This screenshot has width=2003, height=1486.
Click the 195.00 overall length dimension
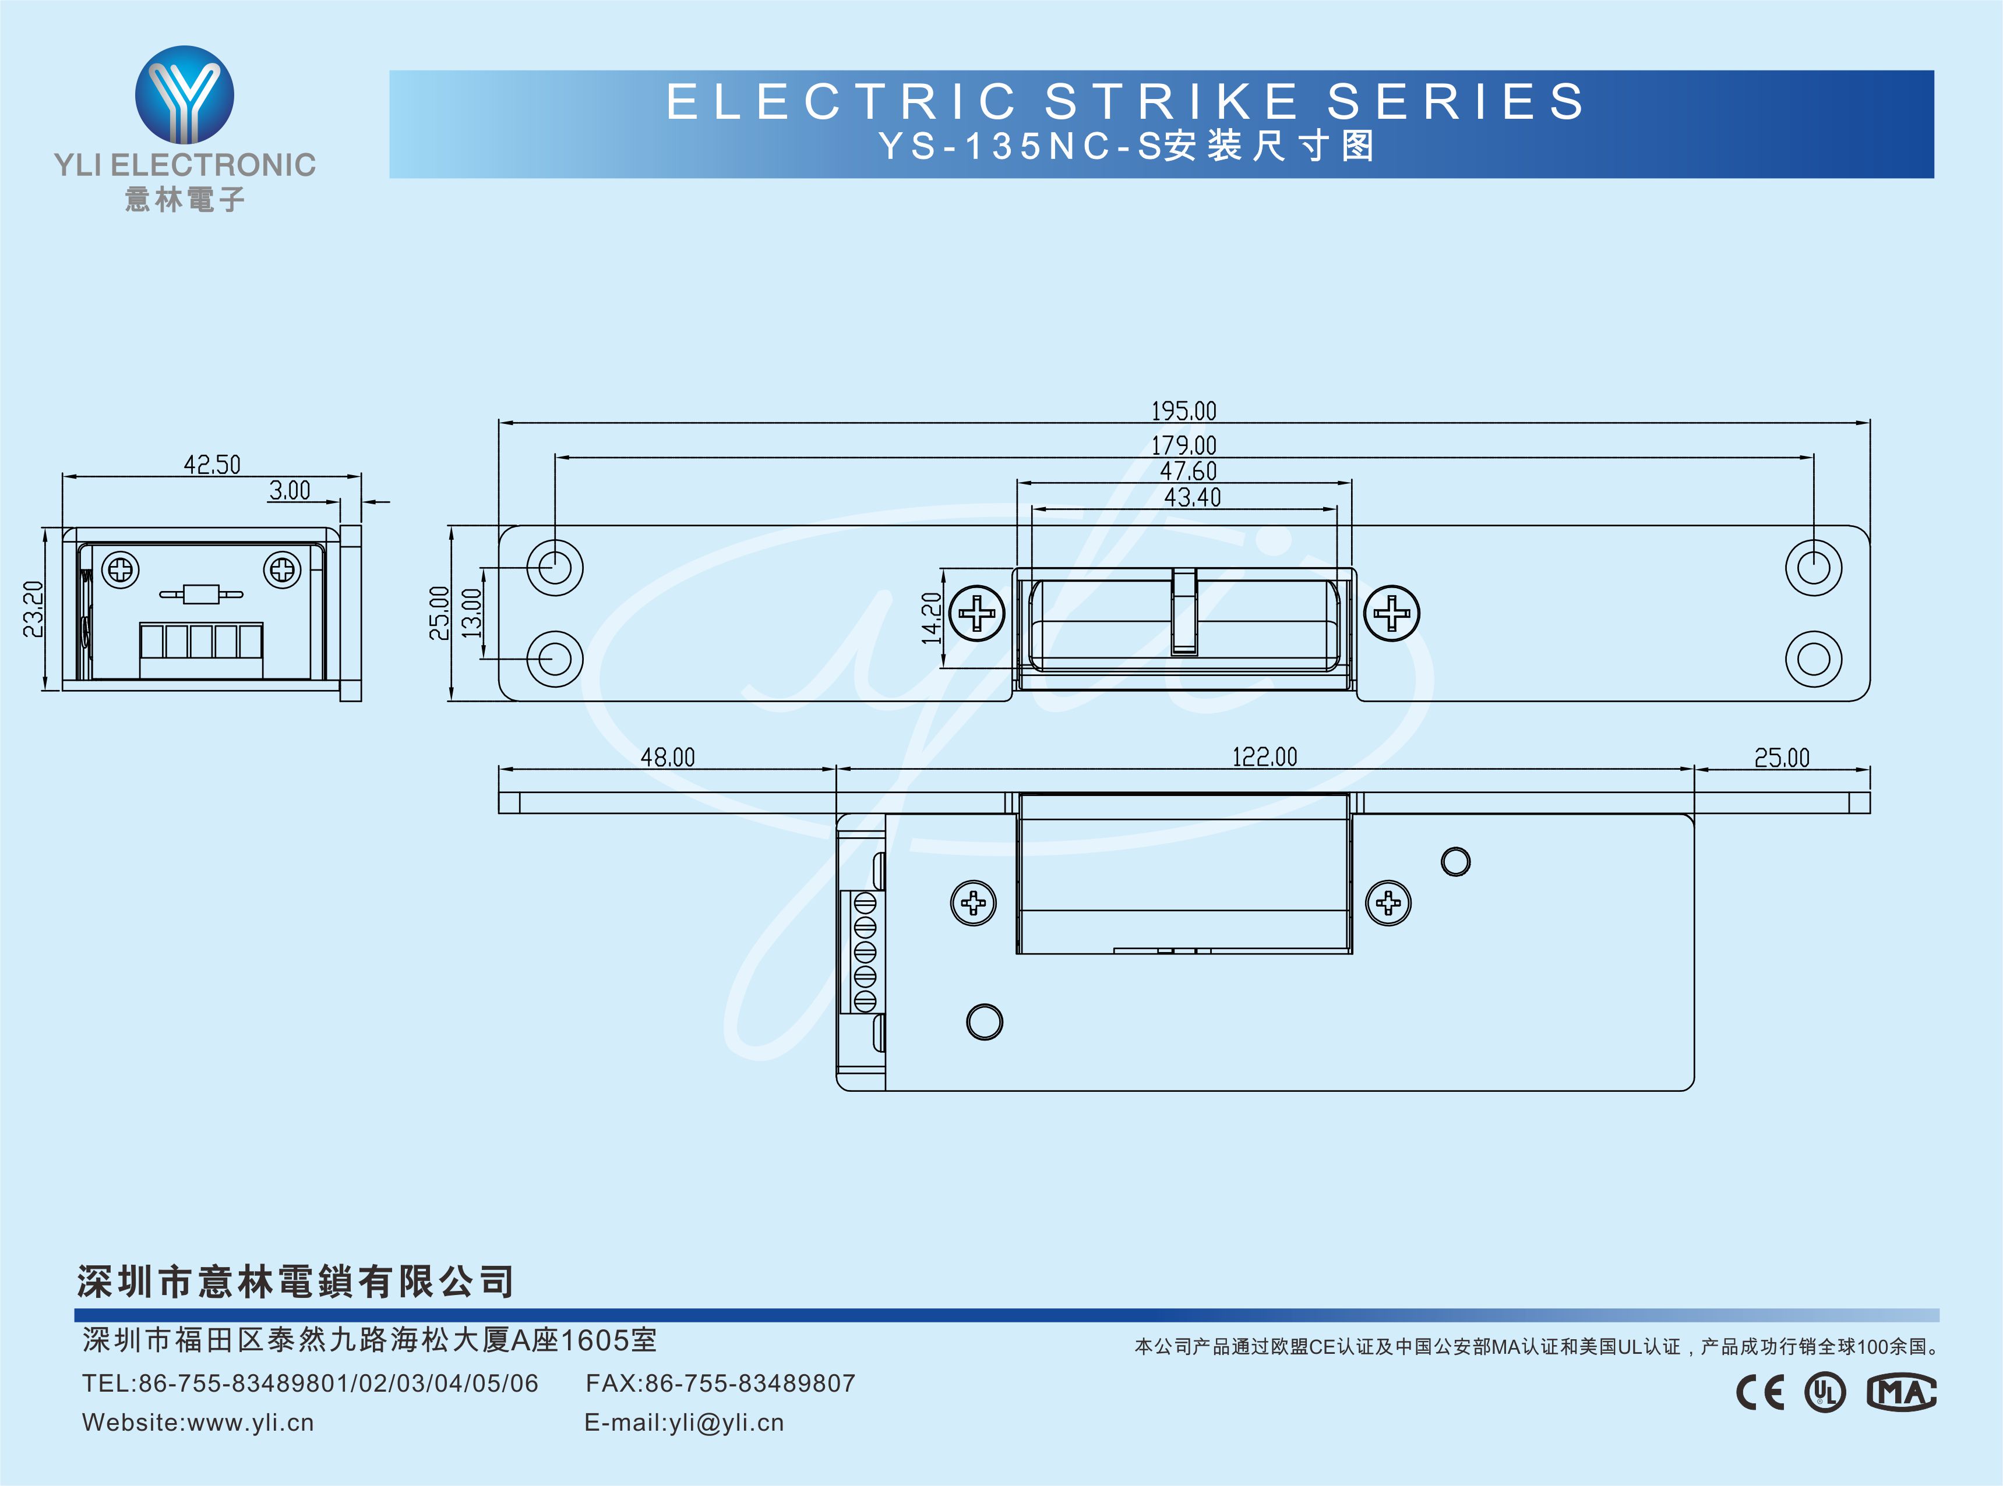1183,411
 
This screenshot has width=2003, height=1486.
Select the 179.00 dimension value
1183,445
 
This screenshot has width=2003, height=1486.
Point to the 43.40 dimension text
1192,497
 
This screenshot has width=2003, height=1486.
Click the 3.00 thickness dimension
290,490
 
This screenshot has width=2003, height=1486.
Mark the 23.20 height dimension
33,609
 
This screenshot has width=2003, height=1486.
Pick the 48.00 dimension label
668,758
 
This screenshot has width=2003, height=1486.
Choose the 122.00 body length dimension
1264,758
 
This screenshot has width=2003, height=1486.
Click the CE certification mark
1759,1392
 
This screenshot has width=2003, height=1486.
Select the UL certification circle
1825,1392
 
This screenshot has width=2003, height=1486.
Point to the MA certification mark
1900,1392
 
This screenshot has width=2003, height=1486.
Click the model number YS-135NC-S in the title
1020,147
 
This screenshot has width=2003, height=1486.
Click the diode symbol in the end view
200,594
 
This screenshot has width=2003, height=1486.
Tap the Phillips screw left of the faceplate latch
977,614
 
